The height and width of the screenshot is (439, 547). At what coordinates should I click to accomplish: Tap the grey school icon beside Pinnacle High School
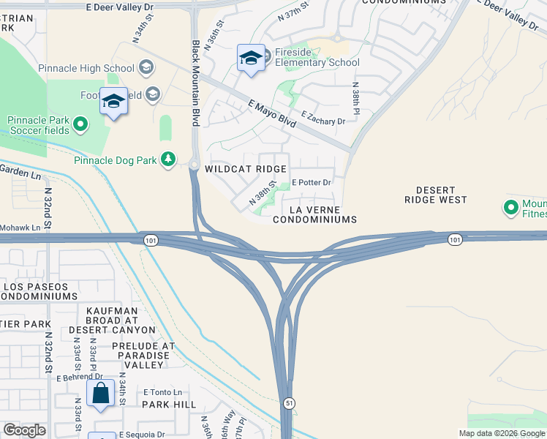pos(146,69)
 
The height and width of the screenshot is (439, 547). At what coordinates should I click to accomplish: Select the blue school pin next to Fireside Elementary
pos(251,59)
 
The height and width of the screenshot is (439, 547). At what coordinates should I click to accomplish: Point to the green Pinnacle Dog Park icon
pos(169,159)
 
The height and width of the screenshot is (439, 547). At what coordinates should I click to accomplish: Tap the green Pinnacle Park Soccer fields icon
pos(81,126)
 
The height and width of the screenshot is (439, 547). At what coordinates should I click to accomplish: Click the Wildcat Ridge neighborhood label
pos(245,169)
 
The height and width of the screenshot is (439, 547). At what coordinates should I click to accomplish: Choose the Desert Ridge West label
pos(436,195)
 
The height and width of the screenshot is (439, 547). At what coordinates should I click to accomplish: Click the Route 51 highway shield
pos(290,403)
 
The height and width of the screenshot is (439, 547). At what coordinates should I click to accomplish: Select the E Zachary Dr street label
pos(322,118)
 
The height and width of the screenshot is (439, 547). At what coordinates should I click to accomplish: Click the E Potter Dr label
pos(312,182)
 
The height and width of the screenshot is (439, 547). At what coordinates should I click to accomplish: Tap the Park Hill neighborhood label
pos(169,404)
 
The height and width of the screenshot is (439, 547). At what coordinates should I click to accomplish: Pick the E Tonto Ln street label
pos(162,392)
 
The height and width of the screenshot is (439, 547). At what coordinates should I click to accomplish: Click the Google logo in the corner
pos(24,429)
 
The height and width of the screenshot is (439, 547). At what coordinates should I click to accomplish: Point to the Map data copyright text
pos(501,433)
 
